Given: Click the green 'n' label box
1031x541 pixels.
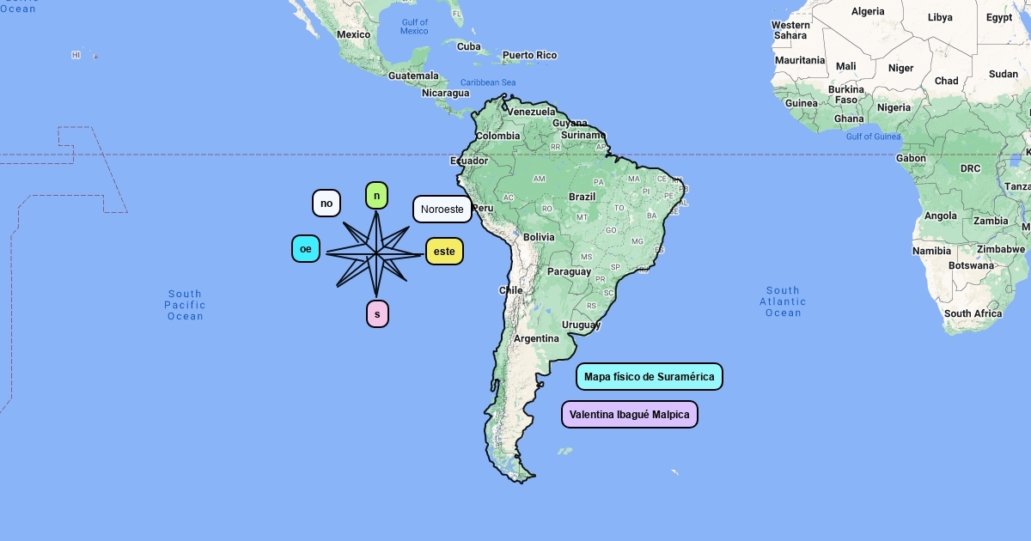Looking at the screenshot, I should tap(376, 196).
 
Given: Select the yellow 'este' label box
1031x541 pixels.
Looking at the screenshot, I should tap(444, 252).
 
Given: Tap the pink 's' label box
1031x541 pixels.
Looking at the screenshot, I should tap(377, 314).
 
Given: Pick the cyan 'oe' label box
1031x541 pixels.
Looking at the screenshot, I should tap(306, 249).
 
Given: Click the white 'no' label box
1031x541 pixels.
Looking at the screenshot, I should tap(326, 204).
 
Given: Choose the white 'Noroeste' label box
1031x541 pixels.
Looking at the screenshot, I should tap(442, 210).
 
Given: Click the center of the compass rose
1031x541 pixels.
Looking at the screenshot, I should tap(376, 254).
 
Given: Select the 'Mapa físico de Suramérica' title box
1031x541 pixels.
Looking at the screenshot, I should tap(649, 377).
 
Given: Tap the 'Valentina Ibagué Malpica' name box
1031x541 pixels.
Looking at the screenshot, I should tap(629, 415).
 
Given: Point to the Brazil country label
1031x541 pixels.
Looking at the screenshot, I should tap(582, 197).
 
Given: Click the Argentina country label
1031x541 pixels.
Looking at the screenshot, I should tap(536, 338).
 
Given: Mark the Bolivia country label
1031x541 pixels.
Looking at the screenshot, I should tap(539, 237).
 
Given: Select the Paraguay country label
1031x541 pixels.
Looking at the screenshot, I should tap(570, 271).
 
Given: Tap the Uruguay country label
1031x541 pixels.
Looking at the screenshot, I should tap(581, 325).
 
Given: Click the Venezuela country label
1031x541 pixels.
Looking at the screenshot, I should tap(531, 112).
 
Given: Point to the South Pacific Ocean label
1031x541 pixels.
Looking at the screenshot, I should tap(185, 305).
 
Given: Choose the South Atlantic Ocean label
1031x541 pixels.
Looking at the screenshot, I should tap(783, 301).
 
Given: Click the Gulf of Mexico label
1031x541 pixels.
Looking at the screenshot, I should tap(414, 27).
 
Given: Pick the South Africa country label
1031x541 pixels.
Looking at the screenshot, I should tap(973, 313).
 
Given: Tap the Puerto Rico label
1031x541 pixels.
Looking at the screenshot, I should tap(529, 55).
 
